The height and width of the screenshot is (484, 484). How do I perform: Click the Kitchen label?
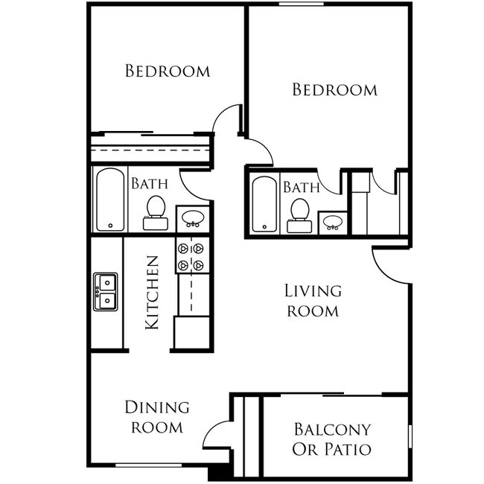click(152, 293)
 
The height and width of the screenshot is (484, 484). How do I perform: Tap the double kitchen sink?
click(106, 291)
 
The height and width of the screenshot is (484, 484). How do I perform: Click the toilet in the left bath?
click(156, 213)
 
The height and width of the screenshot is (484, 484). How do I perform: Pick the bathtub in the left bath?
click(110, 200)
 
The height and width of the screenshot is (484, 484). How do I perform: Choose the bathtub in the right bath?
click(264, 204)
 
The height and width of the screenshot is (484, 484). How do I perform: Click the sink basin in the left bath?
click(193, 218)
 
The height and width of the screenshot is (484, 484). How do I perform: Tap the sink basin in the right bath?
click(332, 223)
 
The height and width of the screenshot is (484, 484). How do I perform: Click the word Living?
click(313, 291)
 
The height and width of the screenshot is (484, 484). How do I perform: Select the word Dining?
click(157, 407)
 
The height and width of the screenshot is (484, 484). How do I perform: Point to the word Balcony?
click(332, 430)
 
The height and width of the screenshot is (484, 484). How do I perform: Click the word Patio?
click(348, 449)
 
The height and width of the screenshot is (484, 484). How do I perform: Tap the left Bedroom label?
click(168, 71)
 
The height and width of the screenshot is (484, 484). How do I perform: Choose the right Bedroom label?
click(335, 89)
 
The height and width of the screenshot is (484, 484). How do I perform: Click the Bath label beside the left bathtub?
click(150, 184)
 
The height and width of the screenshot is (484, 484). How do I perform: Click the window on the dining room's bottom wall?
click(148, 465)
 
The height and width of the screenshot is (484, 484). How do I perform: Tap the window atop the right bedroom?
click(302, 4)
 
